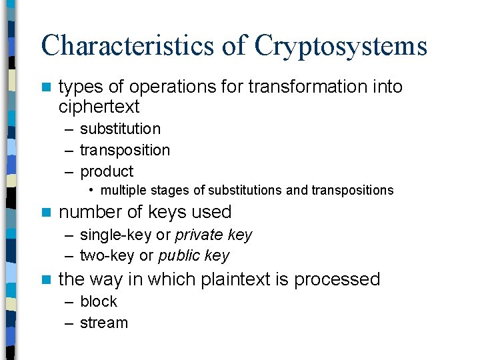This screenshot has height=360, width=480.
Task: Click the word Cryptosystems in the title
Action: pyautogui.click(x=341, y=45)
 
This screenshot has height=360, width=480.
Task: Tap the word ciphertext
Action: pyautogui.click(x=99, y=107)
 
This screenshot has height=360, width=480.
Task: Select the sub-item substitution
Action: pyautogui.click(x=120, y=129)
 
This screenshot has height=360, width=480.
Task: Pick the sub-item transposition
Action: pyautogui.click(x=125, y=150)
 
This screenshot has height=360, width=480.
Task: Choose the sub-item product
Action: pyautogui.click(x=107, y=171)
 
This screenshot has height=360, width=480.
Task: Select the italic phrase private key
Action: pyautogui.click(x=213, y=235)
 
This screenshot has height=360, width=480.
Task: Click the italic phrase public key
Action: pyautogui.click(x=193, y=256)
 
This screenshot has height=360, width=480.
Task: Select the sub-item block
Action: pyautogui.click(x=98, y=301)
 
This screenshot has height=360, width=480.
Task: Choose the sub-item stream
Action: pyautogui.click(x=103, y=323)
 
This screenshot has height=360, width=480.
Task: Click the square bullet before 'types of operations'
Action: pyautogui.click(x=45, y=87)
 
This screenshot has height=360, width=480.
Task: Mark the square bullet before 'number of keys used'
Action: pyautogui.click(x=45, y=213)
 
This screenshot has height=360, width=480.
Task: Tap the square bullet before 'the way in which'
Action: pyautogui.click(x=45, y=279)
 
